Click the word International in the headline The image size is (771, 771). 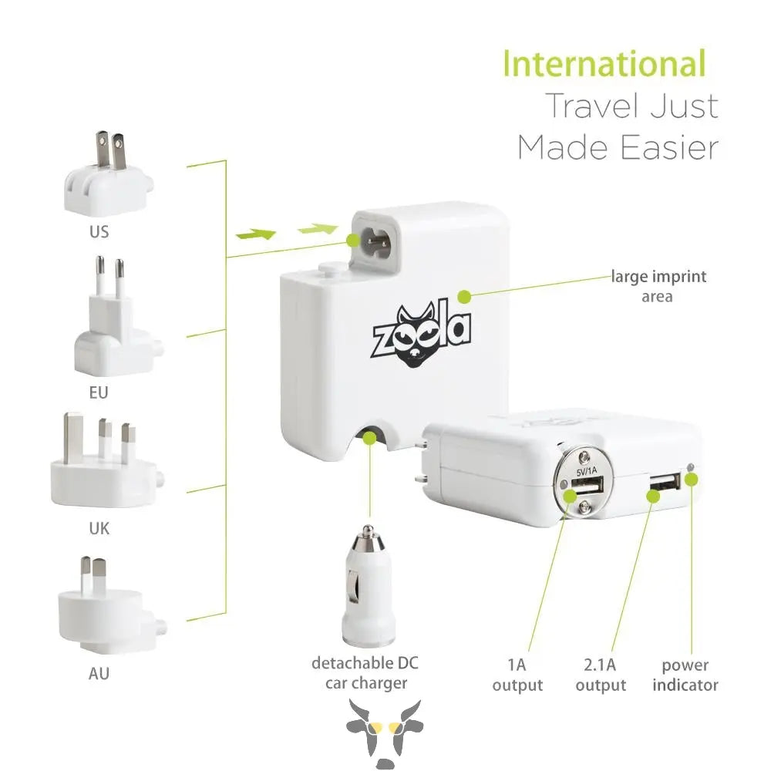(604, 64)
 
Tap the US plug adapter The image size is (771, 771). (109, 175)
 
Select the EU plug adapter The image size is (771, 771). (113, 320)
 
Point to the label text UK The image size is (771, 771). (99, 529)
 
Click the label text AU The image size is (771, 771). (99, 674)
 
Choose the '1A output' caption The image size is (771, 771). (517, 675)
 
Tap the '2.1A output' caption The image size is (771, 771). (601, 675)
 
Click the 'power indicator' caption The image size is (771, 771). (685, 675)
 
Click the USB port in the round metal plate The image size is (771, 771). (587, 487)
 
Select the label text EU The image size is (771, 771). (99, 393)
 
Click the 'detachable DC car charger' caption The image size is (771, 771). (365, 673)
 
